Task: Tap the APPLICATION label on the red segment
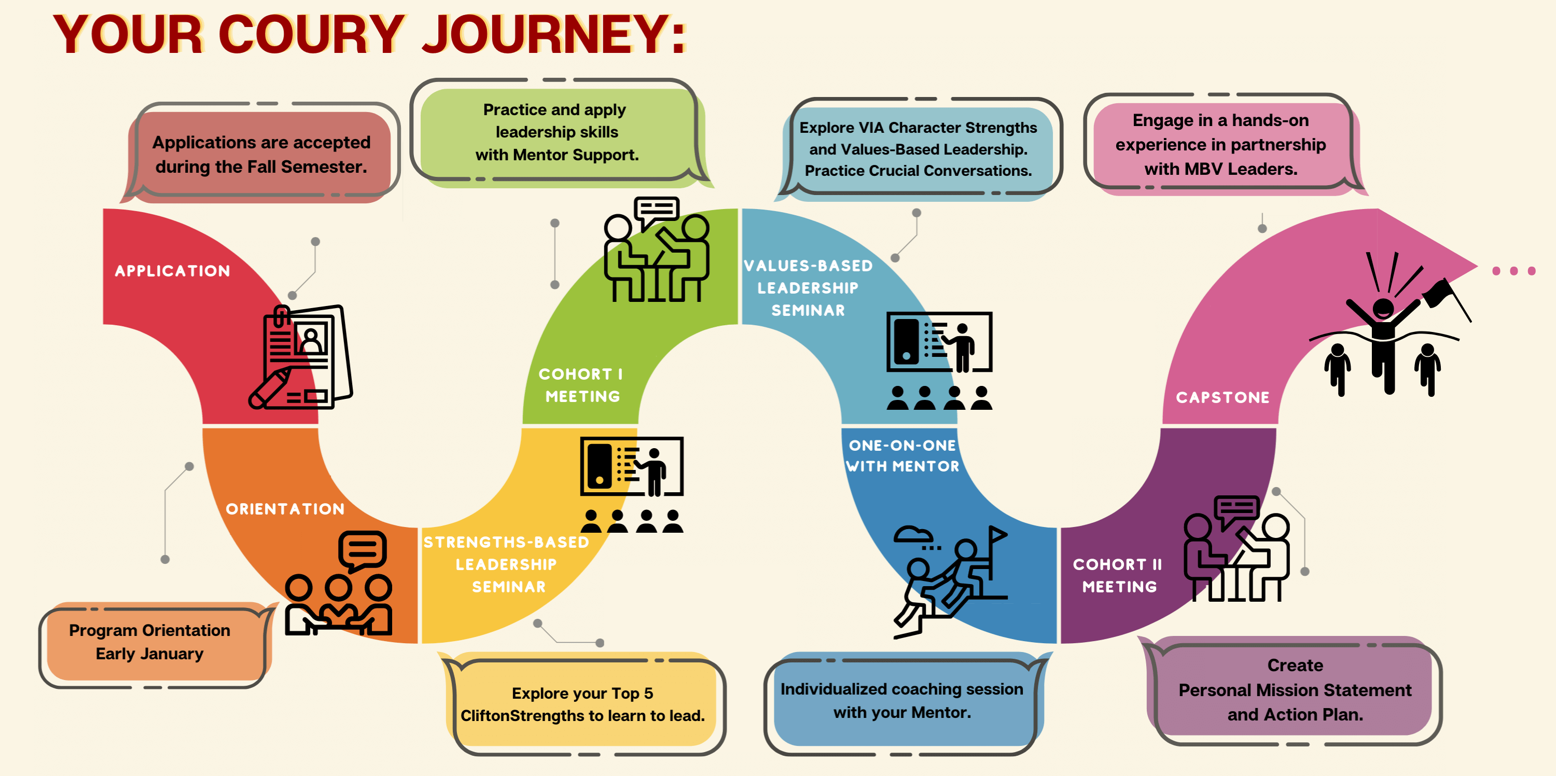(173, 271)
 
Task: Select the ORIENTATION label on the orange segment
(285, 509)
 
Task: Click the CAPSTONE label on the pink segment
(1222, 397)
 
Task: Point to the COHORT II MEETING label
(1119, 575)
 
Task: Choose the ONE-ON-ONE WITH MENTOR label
(902, 456)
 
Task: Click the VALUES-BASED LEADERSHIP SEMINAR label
(808, 288)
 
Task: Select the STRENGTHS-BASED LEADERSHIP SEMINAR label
(506, 565)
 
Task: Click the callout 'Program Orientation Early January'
(150, 643)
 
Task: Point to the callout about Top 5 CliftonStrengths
(582, 704)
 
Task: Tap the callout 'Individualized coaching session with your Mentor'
(902, 700)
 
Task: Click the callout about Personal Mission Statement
(1295, 690)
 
